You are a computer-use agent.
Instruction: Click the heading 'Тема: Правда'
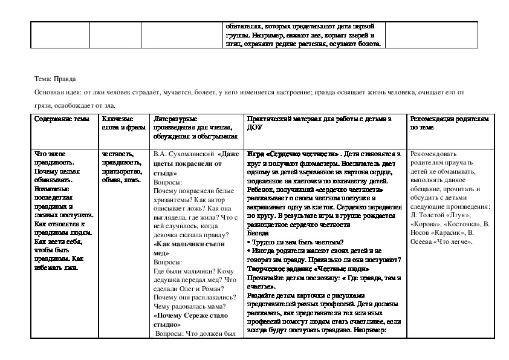point(56,79)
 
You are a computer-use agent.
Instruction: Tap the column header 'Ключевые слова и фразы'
point(119,123)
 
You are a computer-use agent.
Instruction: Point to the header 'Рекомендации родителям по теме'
point(446,123)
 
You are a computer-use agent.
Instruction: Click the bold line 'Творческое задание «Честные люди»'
point(300,269)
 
